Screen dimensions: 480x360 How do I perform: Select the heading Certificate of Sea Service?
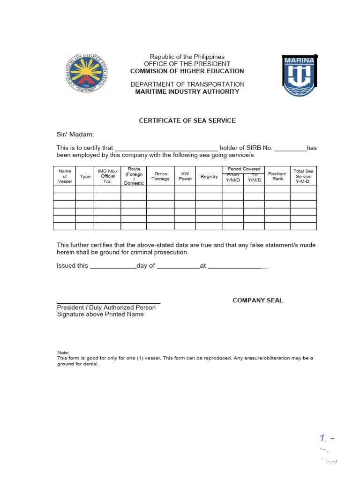click(187, 120)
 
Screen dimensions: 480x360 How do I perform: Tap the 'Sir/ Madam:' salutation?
click(75, 135)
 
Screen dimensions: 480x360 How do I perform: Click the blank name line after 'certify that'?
click(166, 148)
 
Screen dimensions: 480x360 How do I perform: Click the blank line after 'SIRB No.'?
click(290, 148)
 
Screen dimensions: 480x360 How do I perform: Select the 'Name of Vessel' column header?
click(64, 176)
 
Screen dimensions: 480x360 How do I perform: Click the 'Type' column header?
click(85, 177)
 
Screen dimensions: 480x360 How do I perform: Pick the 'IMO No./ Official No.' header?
click(107, 176)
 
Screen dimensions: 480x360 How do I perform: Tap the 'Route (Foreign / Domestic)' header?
click(134, 176)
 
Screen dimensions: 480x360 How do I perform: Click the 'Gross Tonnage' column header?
click(161, 176)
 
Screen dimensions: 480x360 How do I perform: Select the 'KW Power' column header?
click(185, 176)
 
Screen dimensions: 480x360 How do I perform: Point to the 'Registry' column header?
click(209, 177)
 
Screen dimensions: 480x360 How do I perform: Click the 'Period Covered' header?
click(244, 169)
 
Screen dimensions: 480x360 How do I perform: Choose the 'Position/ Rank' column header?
click(277, 176)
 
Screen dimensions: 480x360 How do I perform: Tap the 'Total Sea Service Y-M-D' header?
click(303, 176)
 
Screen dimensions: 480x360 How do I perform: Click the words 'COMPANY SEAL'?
click(258, 300)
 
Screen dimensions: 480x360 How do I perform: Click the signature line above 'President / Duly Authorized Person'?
click(109, 303)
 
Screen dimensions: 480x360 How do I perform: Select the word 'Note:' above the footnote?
click(63, 352)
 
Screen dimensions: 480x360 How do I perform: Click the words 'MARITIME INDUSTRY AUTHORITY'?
click(187, 91)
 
